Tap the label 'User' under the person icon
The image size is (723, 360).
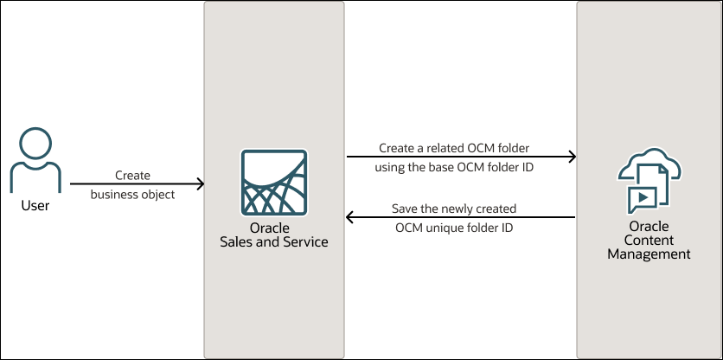point(35,206)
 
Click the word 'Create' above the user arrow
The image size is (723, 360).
point(132,176)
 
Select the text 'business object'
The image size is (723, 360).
point(132,195)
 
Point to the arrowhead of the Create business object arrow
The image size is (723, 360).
point(200,183)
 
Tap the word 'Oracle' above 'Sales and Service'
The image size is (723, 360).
point(275,228)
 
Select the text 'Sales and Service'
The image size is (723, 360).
point(275,242)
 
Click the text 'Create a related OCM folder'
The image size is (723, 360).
point(454,148)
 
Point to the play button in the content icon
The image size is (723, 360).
point(641,199)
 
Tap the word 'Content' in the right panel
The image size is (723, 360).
point(649,241)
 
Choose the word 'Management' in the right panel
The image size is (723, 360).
point(649,254)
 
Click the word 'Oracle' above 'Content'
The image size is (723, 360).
point(649,228)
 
